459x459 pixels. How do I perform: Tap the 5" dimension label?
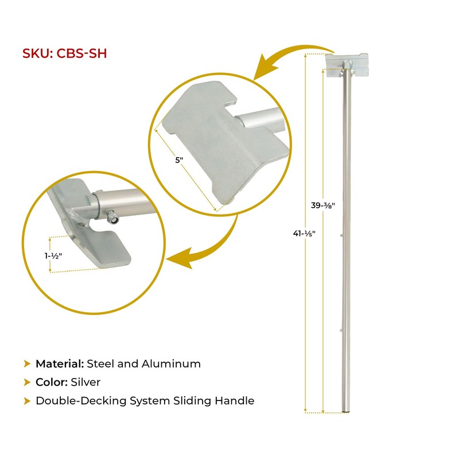pyautogui.click(x=178, y=160)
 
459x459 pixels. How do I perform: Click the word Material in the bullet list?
pyautogui.click(x=60, y=363)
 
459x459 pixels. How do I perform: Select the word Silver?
pyautogui.click(x=85, y=382)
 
